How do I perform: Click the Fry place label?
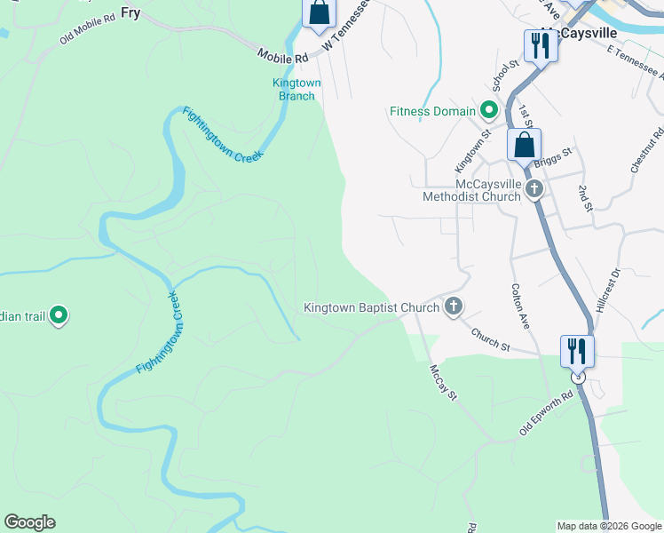tap(130, 12)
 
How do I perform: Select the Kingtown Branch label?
tap(296, 89)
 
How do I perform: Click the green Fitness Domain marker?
tap(487, 111)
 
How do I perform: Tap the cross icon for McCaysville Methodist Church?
tap(534, 188)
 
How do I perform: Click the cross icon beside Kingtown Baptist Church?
tap(453, 307)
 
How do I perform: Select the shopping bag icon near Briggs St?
tap(525, 145)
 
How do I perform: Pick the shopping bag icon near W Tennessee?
tap(319, 14)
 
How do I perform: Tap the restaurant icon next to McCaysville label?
tap(540, 45)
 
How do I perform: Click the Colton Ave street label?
tap(521, 306)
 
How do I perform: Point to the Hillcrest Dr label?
tap(609, 290)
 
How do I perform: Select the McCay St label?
tap(442, 382)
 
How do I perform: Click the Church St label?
tap(490, 341)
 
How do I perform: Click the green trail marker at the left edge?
tap(59, 314)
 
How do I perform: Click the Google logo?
tap(29, 522)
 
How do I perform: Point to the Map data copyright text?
tap(609, 526)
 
